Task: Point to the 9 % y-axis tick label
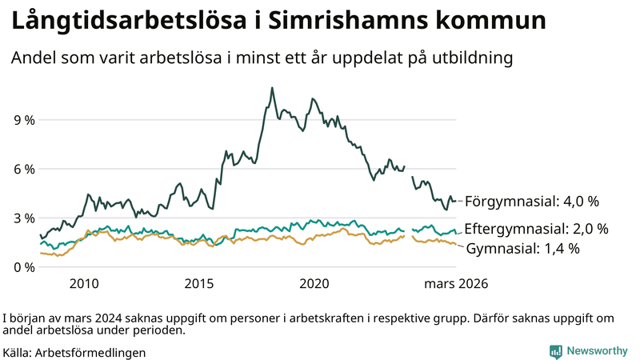pyautogui.click(x=24, y=120)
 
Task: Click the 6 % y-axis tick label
pyautogui.click(x=24, y=169)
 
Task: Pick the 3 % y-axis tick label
pyautogui.click(x=24, y=218)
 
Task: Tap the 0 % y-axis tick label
pyautogui.click(x=24, y=266)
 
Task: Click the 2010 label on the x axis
pyautogui.click(x=84, y=284)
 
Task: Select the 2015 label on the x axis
pyautogui.click(x=199, y=284)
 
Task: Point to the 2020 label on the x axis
pyautogui.click(x=314, y=284)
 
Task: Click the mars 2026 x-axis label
pyautogui.click(x=456, y=284)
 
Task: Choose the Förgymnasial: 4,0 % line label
pyautogui.click(x=532, y=201)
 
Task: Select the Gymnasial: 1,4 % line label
pyautogui.click(x=522, y=249)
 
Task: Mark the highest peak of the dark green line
pyautogui.click(x=272, y=88)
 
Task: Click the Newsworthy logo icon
pyautogui.click(x=555, y=351)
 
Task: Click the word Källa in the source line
pyautogui.click(x=17, y=352)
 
